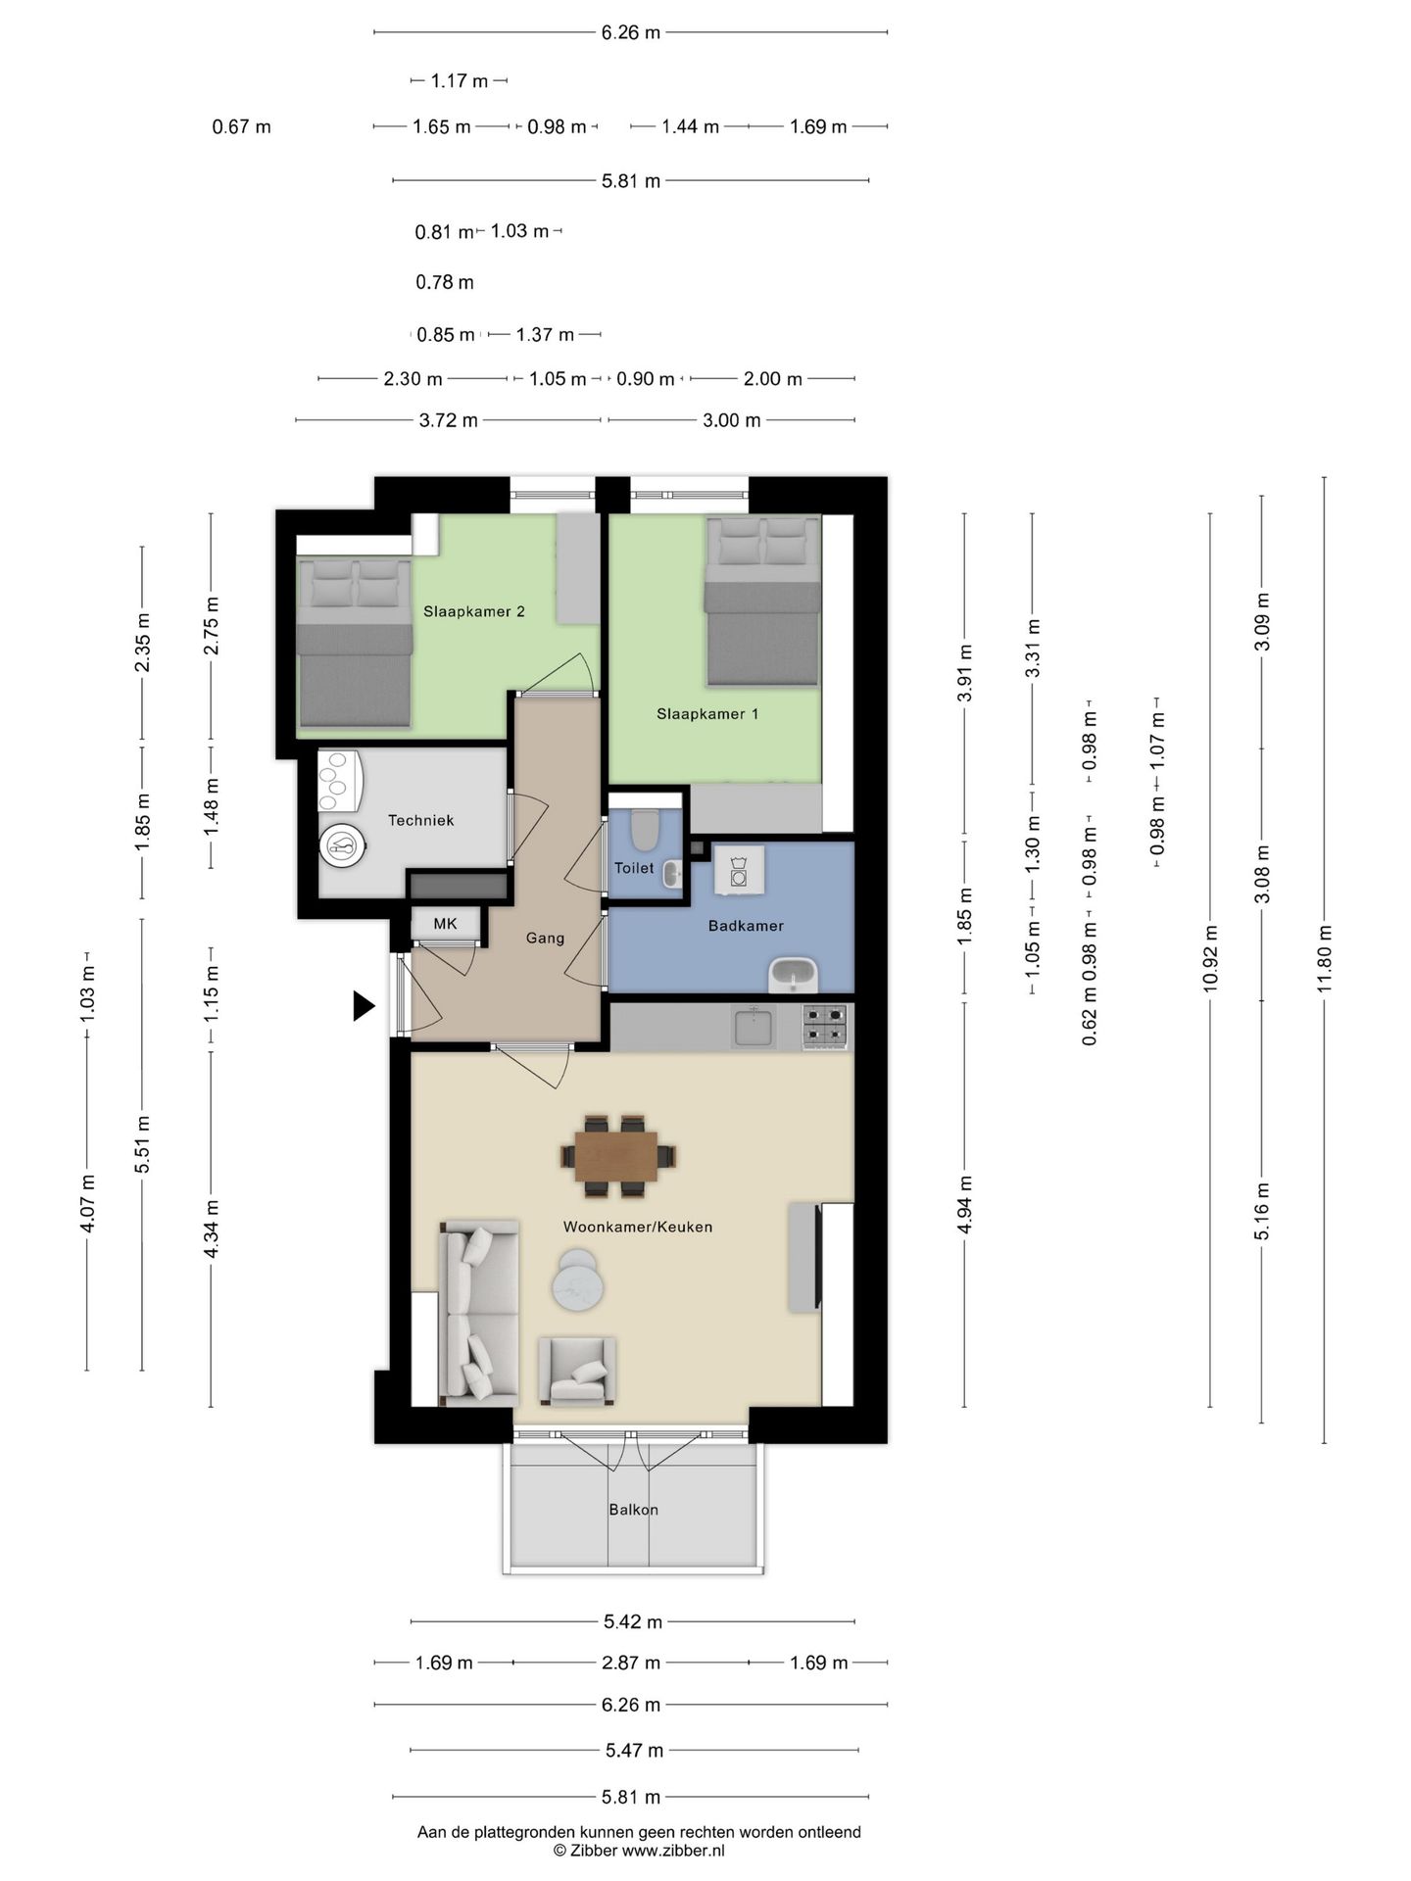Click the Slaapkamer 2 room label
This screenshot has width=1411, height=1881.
[x=473, y=611]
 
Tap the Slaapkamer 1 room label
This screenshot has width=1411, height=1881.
[x=706, y=714]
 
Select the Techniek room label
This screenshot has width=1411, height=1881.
[x=420, y=821]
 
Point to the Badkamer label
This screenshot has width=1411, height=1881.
[x=746, y=926]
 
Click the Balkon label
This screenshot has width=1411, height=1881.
[x=633, y=1510]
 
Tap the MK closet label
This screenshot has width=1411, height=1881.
[x=445, y=924]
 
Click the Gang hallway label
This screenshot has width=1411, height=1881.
[x=545, y=939]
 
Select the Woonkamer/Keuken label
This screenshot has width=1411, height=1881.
[x=638, y=1227]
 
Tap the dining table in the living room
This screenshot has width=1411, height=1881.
[x=617, y=1156]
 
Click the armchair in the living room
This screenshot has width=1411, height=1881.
[x=577, y=1372]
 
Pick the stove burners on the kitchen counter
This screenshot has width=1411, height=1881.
[x=825, y=1026]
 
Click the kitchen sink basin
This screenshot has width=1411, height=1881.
[x=753, y=1027]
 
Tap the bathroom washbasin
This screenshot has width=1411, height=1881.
[x=793, y=975]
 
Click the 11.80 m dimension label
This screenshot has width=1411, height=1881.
[x=1325, y=960]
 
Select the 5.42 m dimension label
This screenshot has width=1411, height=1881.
[x=633, y=1621]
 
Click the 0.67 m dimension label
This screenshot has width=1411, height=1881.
[x=241, y=127]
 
